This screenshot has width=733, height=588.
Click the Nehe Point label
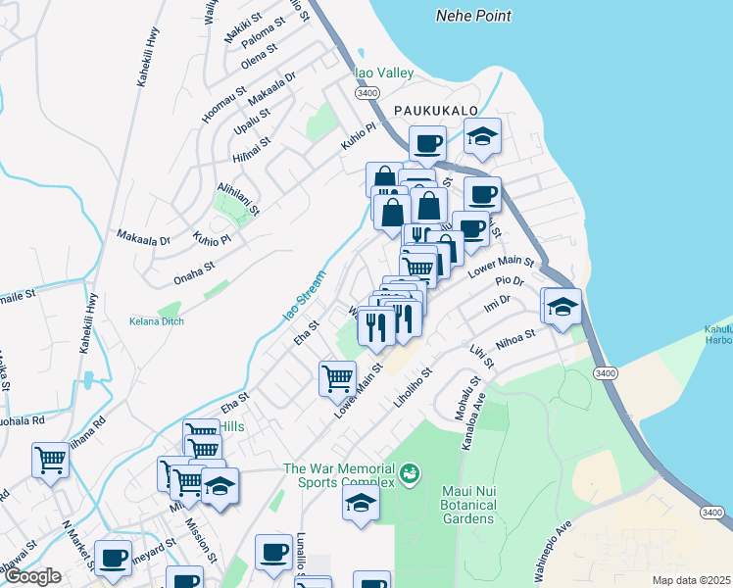pos(473,17)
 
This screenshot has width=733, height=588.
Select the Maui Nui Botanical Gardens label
pos(455,511)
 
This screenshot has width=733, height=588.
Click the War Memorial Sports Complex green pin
pos(410,474)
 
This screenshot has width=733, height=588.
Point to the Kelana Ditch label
pos(157,320)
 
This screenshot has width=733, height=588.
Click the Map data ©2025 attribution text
pos(692,580)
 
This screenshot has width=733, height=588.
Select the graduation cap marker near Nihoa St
pos(562,307)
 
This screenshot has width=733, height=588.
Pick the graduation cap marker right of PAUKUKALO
pos(481,137)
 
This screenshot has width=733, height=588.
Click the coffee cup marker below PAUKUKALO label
pos(426,145)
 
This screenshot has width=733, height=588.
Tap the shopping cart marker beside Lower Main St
pos(337,377)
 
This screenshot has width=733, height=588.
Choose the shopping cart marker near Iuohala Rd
pos(50,459)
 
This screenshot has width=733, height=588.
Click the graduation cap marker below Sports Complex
pos(361,505)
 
